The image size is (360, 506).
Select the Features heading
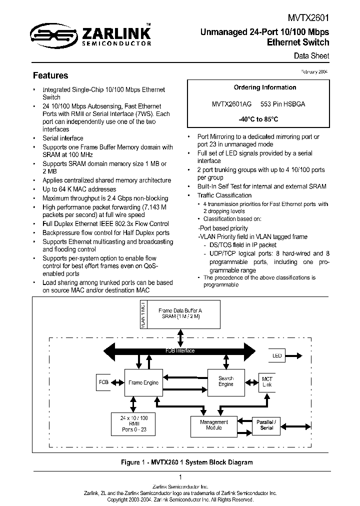[x=50, y=76]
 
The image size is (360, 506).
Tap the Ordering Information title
[x=265, y=87]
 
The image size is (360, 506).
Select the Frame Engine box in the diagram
[x=143, y=382]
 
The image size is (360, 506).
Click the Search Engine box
[x=225, y=381]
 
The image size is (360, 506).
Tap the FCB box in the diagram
[x=103, y=382]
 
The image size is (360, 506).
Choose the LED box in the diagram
[x=277, y=356]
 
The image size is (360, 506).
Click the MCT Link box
[x=267, y=382]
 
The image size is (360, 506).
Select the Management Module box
[x=214, y=425]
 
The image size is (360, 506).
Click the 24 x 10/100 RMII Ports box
[x=134, y=423]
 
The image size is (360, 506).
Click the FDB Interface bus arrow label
[x=180, y=351]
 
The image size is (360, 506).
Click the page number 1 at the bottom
[x=180, y=477]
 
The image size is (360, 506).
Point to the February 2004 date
[x=314, y=72]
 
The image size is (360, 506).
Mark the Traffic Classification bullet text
[x=224, y=195]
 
